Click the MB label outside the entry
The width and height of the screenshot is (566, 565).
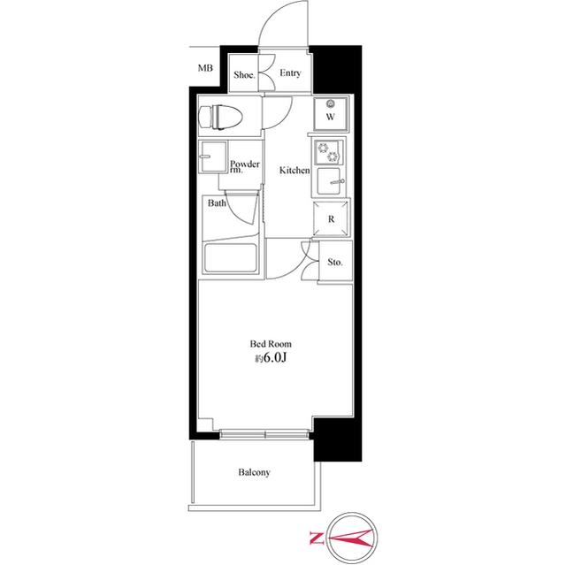coord(205,68)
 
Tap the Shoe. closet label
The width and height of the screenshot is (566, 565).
coord(244,75)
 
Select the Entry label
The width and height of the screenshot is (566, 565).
coord(290,74)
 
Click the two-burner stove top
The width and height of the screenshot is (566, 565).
coord(329,152)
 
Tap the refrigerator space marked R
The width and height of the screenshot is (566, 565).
coord(330,218)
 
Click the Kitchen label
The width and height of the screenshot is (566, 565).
coord(294,170)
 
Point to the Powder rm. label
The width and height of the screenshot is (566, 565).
coord(244,166)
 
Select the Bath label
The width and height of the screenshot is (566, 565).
coord(217,203)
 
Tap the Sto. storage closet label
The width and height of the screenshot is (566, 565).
coord(334,263)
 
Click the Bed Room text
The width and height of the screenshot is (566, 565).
coord(272,344)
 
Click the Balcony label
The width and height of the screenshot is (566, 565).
coord(254,472)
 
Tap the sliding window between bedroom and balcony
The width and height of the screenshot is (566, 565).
coord(265,434)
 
